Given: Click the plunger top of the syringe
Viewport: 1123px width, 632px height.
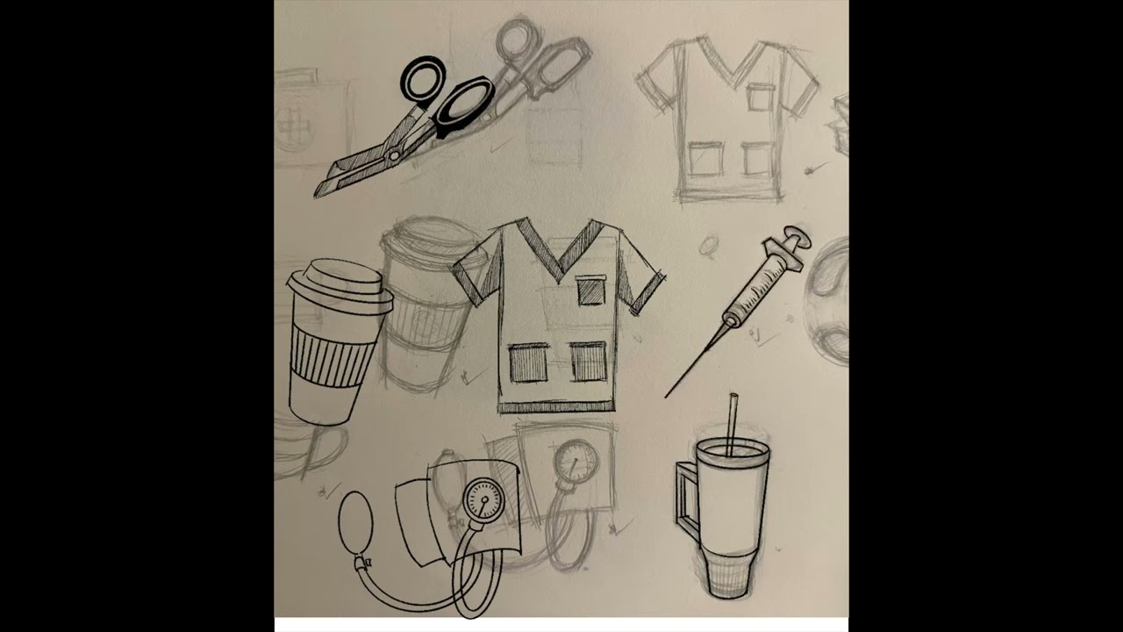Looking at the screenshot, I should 796,237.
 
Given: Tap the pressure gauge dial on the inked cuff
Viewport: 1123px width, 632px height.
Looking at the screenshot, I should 483,499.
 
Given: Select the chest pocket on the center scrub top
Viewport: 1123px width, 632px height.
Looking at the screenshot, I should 590,290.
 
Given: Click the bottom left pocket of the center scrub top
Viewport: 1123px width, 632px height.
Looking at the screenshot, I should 528,362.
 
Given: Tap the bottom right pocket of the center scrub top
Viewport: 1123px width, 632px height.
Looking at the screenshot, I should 589,361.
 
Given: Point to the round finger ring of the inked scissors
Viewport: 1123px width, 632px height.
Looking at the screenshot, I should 424,78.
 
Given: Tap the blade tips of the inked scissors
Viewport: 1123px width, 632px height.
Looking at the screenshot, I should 321,190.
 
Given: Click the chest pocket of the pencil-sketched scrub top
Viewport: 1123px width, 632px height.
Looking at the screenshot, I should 762,96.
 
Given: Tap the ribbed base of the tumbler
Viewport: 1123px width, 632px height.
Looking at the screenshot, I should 726,574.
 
